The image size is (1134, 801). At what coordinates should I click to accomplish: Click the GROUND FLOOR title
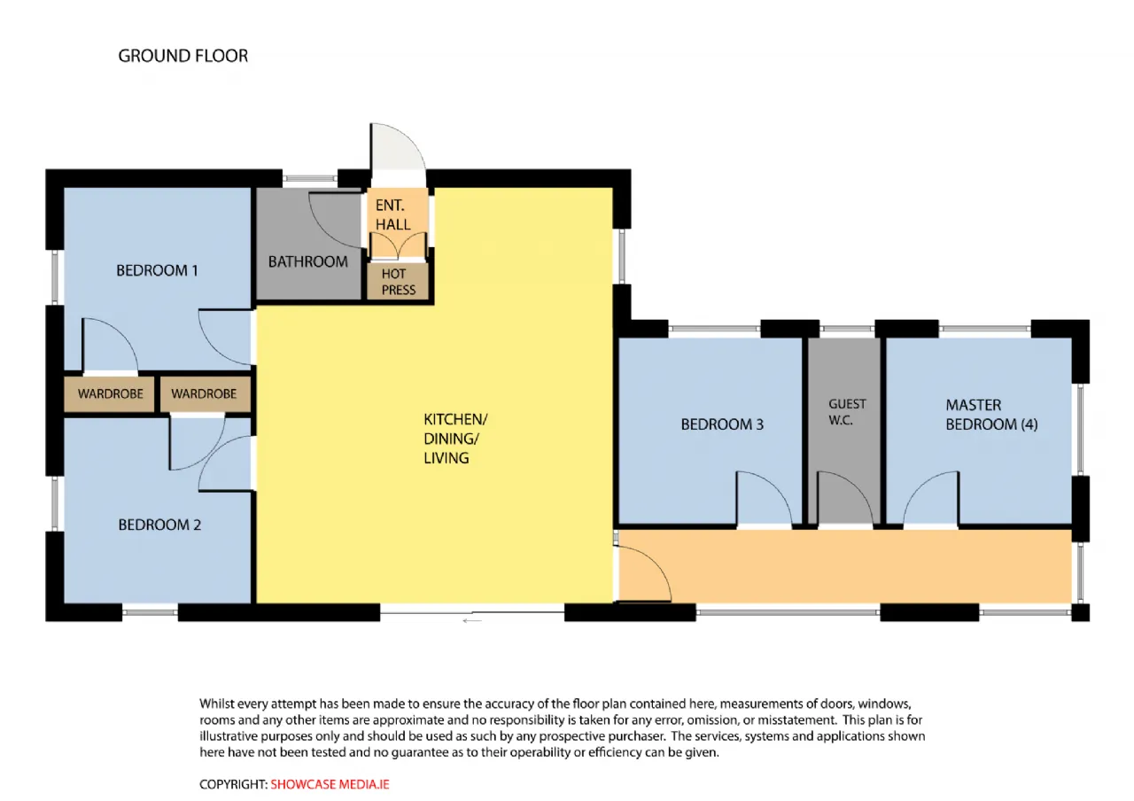coord(183,56)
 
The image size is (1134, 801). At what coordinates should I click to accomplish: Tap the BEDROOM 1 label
coord(157,270)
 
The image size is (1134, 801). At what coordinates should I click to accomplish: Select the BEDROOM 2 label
coord(159,525)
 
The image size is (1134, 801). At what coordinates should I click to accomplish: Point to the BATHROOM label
coord(307,261)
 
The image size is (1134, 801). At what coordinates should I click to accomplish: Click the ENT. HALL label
coord(392,214)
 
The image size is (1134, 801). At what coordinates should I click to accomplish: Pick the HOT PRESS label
coord(399,282)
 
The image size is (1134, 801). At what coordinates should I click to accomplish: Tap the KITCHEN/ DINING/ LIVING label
coord(455,439)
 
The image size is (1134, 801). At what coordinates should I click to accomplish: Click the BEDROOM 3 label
coord(722,424)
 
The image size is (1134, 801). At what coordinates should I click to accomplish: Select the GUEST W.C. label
coord(847,412)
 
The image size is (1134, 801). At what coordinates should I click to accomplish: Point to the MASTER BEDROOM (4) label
coord(991,415)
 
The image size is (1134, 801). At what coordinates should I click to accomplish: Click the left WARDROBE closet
coord(109,394)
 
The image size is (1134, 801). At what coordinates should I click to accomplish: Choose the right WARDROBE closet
coord(205,394)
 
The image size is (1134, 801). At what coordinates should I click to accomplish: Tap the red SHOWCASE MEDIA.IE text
coord(330,784)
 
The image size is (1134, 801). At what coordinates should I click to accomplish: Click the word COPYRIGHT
coord(233,784)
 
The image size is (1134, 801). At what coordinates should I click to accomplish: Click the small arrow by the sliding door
coord(472,621)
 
